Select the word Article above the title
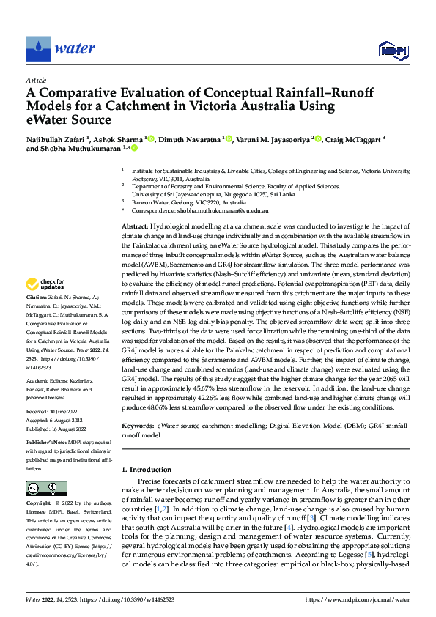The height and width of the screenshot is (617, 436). click(x=35, y=79)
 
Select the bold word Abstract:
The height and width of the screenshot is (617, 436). click(x=135, y=229)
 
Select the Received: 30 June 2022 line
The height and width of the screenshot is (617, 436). click(x=53, y=413)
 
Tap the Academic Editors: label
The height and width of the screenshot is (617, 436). click(x=47, y=381)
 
